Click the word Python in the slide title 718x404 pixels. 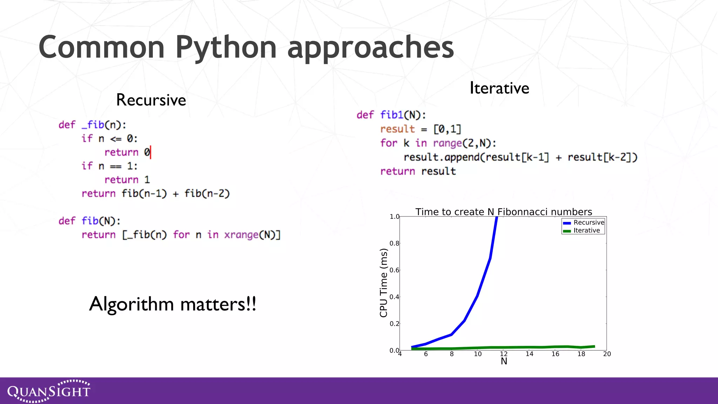pyautogui.click(x=226, y=47)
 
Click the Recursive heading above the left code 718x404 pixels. pyautogui.click(x=151, y=100)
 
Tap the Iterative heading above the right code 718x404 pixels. pyautogui.click(x=499, y=88)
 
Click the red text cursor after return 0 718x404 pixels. pyautogui.click(x=151, y=152)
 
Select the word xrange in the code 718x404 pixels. pyautogui.click(x=241, y=235)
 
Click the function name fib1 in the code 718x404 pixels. pyautogui.click(x=392, y=115)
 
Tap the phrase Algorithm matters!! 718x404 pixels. pyautogui.click(x=172, y=304)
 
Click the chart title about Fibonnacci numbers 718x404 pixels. pyautogui.click(x=503, y=212)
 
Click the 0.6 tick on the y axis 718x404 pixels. pyautogui.click(x=394, y=270)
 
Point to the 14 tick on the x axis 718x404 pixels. pyautogui.click(x=529, y=354)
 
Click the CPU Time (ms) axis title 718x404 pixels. pyautogui.click(x=384, y=283)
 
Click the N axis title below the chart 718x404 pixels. pyautogui.click(x=504, y=361)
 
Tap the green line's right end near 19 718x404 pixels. pyautogui.click(x=594, y=346)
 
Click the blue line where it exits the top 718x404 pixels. pyautogui.click(x=496, y=218)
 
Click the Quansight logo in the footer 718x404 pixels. pyautogui.click(x=49, y=391)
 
